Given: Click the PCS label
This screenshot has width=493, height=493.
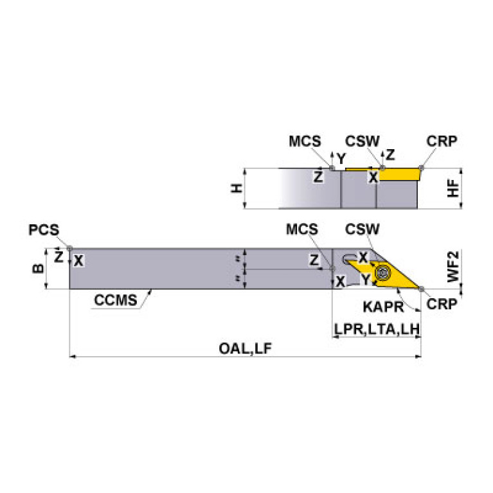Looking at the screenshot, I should [x=44, y=230].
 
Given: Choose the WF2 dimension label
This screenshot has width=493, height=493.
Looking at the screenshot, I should [x=454, y=268].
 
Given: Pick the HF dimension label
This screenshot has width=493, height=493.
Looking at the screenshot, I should [x=454, y=188].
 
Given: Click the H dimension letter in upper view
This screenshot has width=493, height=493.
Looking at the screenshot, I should [x=237, y=188].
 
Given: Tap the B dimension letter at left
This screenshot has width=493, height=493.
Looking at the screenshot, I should [x=38, y=268].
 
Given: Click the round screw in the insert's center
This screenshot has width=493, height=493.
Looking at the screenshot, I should [x=383, y=273].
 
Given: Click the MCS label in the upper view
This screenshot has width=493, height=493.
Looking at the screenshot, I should [x=304, y=141].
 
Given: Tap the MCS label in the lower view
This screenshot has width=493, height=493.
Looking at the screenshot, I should [x=301, y=229].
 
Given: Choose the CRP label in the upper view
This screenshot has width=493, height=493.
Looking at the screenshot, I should [x=442, y=141].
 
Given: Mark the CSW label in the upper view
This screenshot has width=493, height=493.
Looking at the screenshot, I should [x=363, y=141].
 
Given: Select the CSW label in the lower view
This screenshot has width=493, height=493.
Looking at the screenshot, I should [x=363, y=229].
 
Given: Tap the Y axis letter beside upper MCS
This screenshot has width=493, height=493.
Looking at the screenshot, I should [x=341, y=157].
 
